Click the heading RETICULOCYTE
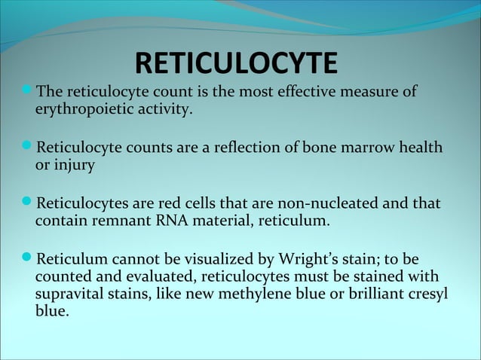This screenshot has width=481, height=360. [237, 65]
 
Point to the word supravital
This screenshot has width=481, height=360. [72, 292]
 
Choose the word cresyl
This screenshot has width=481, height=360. [424, 292]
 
